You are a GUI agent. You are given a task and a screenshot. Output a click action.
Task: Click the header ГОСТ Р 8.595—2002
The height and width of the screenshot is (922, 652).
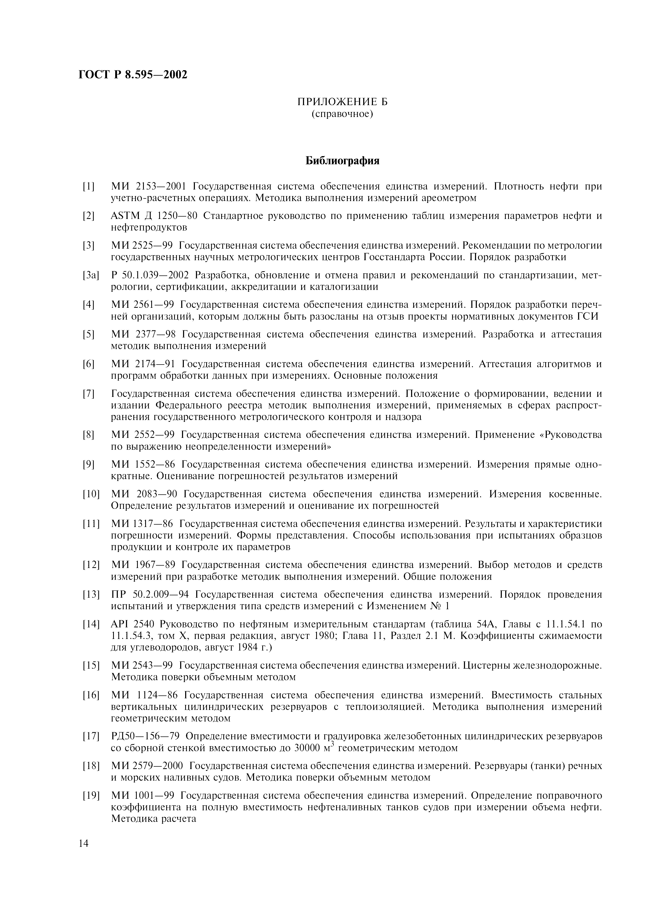(133, 75)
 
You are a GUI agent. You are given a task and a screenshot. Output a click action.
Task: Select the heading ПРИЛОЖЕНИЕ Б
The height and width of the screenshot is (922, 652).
(342, 102)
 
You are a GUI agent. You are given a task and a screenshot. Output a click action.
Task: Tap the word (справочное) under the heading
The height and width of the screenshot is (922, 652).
(342, 114)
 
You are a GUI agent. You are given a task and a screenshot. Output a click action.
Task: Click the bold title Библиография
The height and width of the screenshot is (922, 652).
(342, 161)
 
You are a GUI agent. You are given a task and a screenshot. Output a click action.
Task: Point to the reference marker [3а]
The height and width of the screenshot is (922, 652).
(91, 275)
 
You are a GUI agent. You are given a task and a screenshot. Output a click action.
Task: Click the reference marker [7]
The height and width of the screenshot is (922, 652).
(88, 393)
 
